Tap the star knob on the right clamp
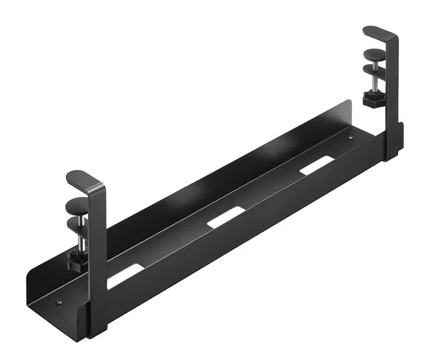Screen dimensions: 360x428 point(371,97)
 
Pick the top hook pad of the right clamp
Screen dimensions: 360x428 point(374,32)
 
